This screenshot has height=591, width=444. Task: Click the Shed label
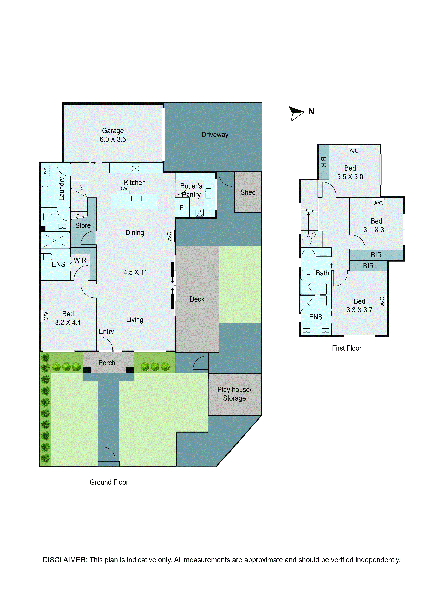coord(248,192)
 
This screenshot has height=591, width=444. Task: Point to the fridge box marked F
coord(181,208)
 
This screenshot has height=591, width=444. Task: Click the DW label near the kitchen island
coord(123,189)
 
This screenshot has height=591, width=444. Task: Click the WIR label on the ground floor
coord(80,260)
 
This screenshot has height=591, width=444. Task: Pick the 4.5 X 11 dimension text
coord(135,272)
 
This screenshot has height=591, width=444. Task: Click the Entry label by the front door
coord(106,332)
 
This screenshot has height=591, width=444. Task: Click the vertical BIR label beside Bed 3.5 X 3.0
coord(323,162)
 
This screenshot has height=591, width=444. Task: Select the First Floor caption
coord(347,348)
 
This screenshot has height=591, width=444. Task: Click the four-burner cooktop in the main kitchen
coord(136,167)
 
